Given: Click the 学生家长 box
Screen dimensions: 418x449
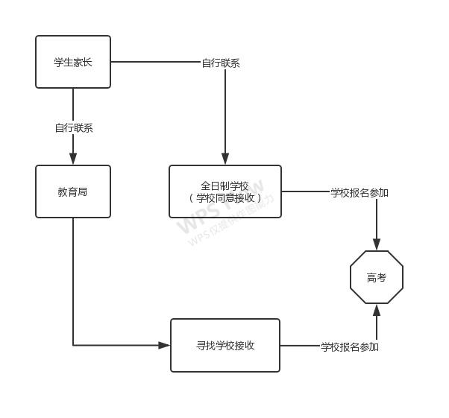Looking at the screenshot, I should point(73,62).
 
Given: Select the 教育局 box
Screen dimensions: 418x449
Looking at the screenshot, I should point(73,191).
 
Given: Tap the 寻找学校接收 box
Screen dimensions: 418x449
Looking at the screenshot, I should point(225,345).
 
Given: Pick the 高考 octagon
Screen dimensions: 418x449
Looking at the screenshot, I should point(377,277).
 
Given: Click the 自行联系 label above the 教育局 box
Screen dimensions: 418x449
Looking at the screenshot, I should point(74,127).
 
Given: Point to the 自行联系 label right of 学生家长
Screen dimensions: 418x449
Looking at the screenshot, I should point(221,63).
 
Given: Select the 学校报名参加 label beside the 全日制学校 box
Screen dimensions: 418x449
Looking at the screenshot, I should point(359,192).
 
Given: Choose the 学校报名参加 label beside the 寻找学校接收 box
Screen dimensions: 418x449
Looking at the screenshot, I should point(350,346).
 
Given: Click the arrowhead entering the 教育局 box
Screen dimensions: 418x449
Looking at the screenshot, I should point(73,159).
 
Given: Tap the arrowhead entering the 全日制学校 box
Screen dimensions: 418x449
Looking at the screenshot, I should point(225,159).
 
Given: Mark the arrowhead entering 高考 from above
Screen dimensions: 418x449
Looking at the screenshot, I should point(377,244).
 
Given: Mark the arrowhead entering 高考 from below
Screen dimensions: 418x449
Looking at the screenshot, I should point(377,310).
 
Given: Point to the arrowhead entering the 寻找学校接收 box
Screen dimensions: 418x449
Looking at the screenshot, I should point(164,345).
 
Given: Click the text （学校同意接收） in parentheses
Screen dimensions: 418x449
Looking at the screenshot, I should point(225,198).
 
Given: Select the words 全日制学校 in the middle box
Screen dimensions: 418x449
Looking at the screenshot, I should point(225,186).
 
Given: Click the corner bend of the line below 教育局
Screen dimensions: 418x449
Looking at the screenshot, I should point(73,345).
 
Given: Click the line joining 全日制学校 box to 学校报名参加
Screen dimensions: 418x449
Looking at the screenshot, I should point(306,191).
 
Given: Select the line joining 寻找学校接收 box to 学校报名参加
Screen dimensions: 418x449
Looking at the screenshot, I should point(300,346).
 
